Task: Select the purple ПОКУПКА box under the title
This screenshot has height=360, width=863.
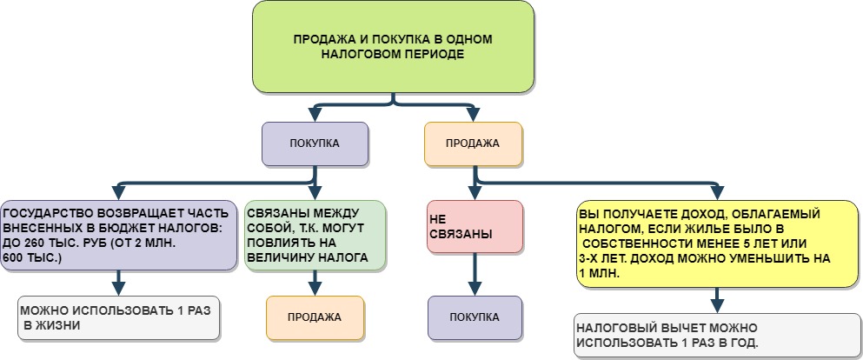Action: [x=315, y=143]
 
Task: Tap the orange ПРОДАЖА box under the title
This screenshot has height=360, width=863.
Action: [x=473, y=144]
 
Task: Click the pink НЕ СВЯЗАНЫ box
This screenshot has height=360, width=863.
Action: [x=475, y=227]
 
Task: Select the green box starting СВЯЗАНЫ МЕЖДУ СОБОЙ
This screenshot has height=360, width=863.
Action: [x=315, y=235]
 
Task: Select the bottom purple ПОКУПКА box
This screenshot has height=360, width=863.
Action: [x=475, y=317]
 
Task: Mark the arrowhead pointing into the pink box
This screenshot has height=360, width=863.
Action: [x=475, y=194]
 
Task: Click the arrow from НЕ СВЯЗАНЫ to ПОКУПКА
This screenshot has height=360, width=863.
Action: [x=475, y=274]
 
